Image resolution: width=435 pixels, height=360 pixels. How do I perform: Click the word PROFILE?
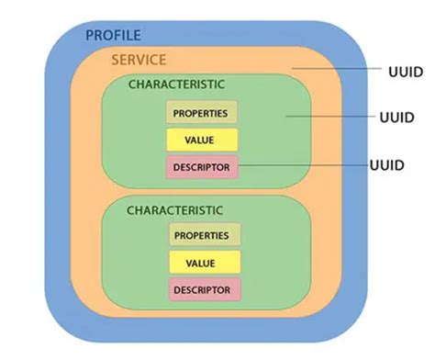(x=113, y=36)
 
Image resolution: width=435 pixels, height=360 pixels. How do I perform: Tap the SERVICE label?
(x=138, y=61)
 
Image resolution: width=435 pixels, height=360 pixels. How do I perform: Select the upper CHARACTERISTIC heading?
(x=176, y=84)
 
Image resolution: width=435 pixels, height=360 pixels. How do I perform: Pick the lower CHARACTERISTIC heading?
(x=174, y=210)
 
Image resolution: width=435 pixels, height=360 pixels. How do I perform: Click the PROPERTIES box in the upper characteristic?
(x=201, y=112)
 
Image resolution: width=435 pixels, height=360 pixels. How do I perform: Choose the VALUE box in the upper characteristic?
(x=201, y=140)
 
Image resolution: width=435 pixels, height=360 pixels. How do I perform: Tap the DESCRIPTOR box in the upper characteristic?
(x=201, y=166)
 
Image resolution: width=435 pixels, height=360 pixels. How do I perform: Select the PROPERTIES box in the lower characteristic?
(x=201, y=235)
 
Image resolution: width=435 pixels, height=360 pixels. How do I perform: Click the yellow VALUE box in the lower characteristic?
(x=201, y=263)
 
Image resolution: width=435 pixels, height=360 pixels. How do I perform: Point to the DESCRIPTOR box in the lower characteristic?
(x=201, y=289)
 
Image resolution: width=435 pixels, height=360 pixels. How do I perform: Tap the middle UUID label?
(x=396, y=118)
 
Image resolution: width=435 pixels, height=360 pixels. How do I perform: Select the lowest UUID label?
(x=386, y=166)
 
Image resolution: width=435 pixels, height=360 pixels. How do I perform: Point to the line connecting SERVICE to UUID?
(x=340, y=69)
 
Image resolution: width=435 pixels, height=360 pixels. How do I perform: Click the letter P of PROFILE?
(x=89, y=36)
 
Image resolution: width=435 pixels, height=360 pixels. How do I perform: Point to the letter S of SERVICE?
(x=114, y=61)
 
